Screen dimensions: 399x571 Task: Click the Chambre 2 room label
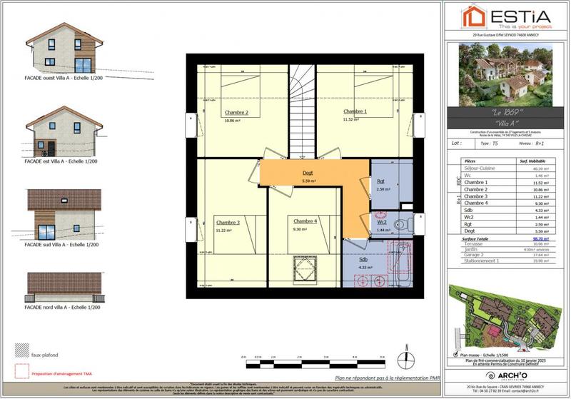[x=236, y=112]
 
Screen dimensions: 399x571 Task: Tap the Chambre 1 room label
[x=355, y=111]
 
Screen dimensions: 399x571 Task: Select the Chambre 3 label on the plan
[x=228, y=222]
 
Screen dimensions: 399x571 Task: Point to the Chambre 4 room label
[x=305, y=221]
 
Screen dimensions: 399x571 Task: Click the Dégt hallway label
[x=308, y=173]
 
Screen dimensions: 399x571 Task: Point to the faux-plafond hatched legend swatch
[x=19, y=350]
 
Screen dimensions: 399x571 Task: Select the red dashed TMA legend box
[x=19, y=372]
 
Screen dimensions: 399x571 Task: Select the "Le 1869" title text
[x=507, y=114]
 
